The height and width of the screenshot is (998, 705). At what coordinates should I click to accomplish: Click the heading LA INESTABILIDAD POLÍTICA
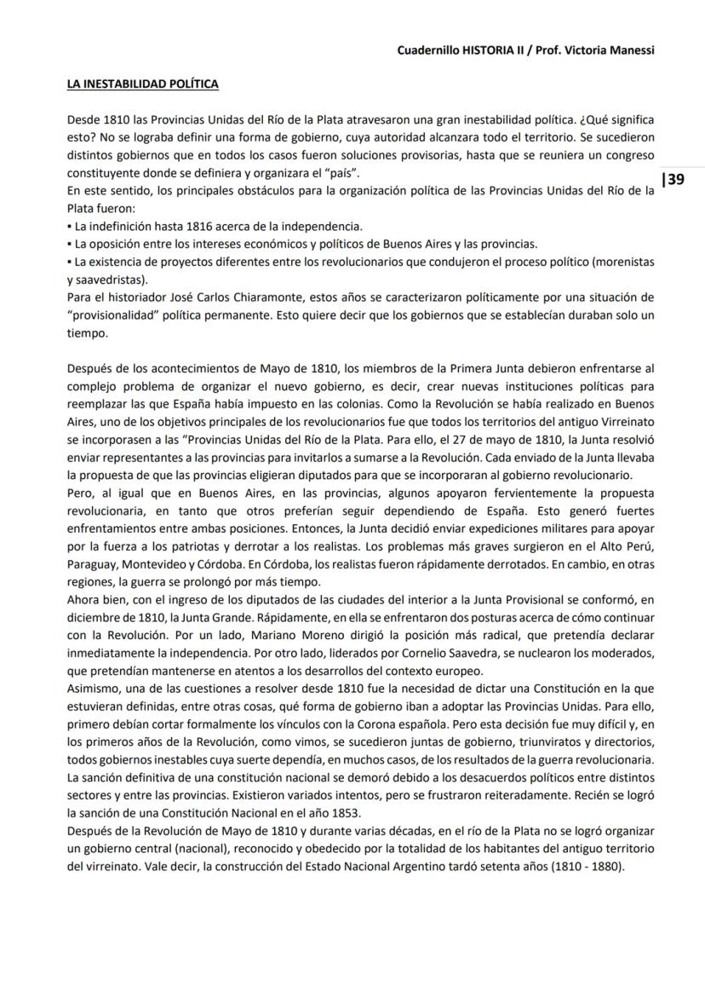point(142,84)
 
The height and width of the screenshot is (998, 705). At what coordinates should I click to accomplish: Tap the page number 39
point(674,179)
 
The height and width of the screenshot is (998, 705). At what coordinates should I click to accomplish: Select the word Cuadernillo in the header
point(428,50)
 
